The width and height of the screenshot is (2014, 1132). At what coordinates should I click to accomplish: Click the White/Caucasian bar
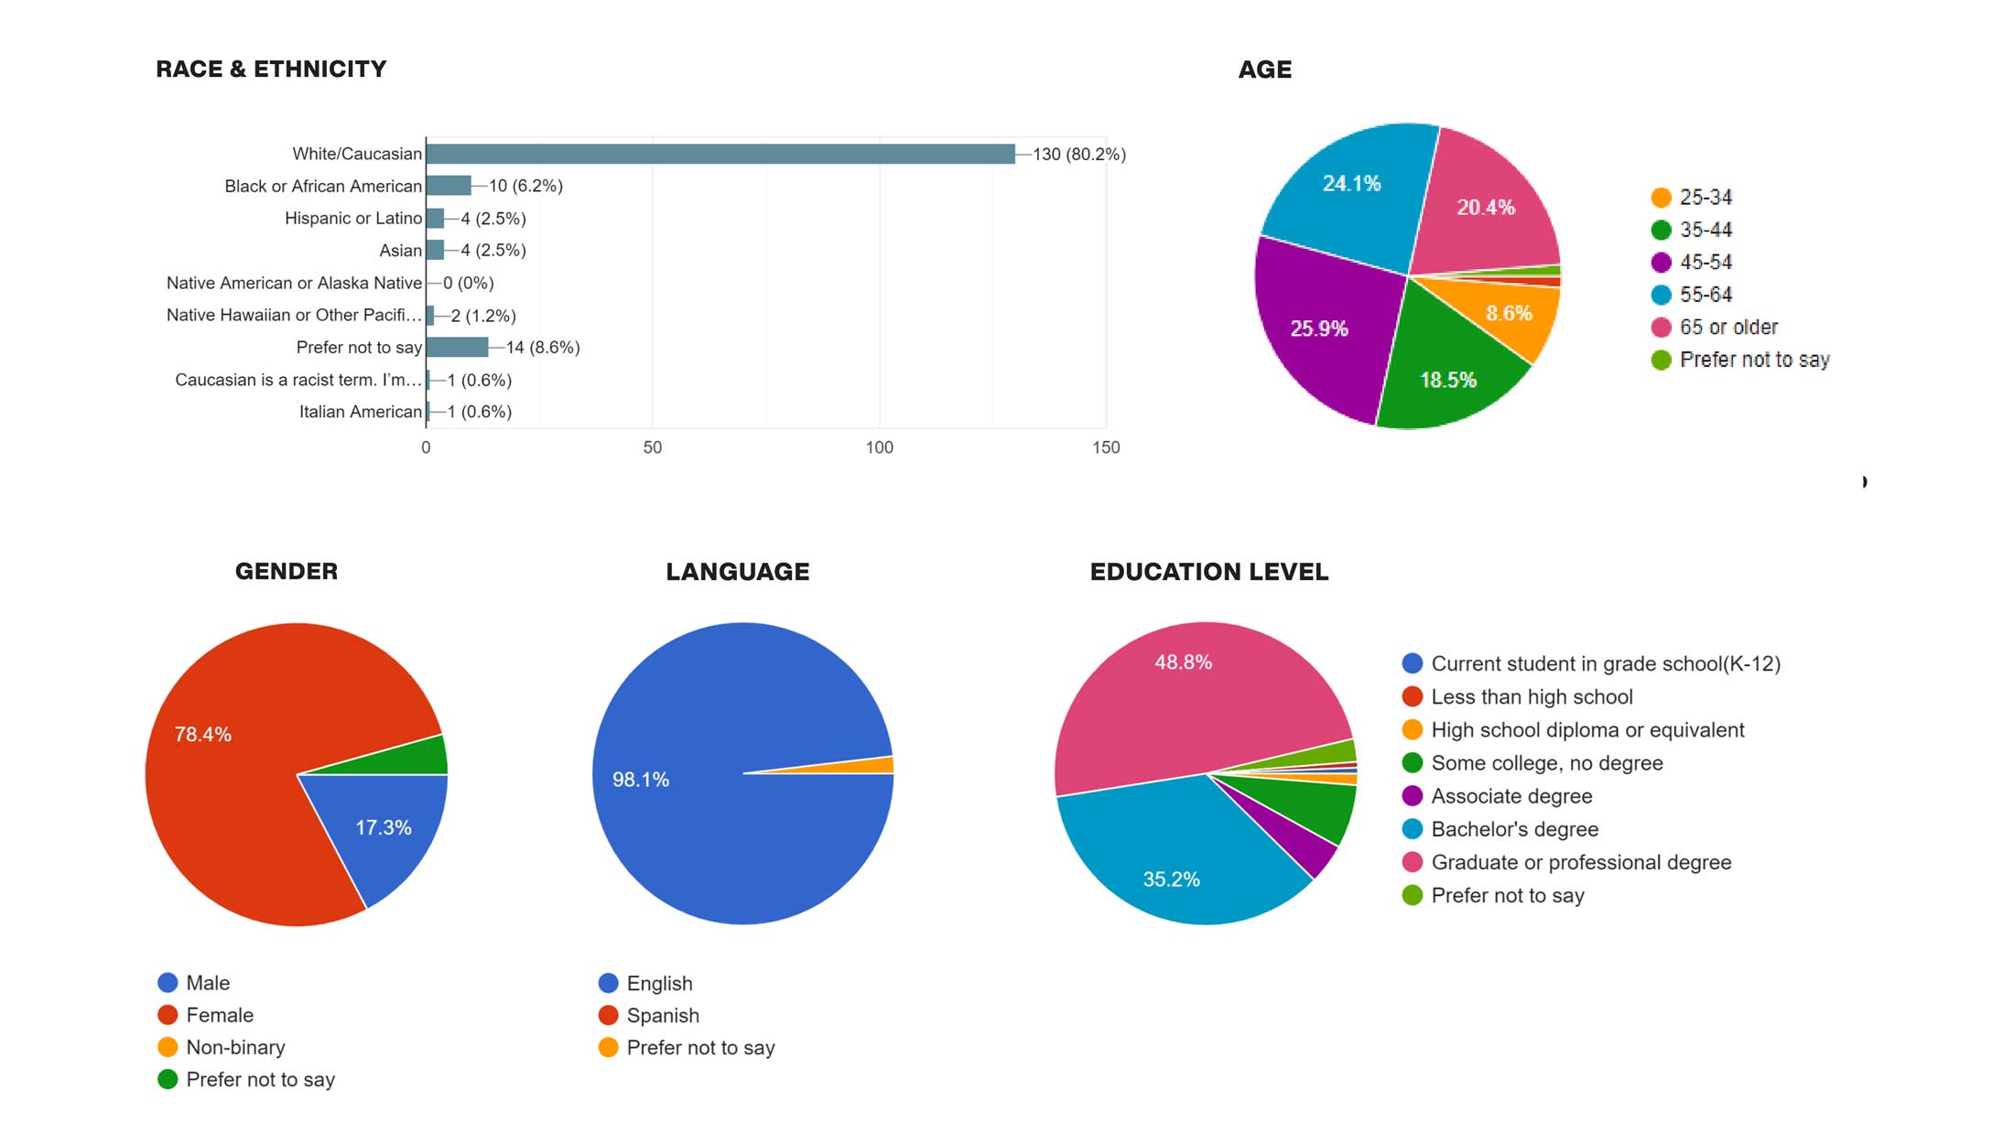(x=720, y=154)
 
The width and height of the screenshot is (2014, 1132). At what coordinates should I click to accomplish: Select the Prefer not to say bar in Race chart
(x=457, y=347)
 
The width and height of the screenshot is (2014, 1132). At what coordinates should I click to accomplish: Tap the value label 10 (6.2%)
(x=525, y=186)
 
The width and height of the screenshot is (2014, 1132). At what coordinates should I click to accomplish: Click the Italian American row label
(x=360, y=412)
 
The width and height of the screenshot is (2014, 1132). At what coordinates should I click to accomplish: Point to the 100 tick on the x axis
(x=879, y=447)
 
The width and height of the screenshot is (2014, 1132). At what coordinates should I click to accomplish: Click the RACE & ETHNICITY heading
(x=271, y=70)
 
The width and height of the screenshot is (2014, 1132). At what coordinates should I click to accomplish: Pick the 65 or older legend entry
(x=1727, y=327)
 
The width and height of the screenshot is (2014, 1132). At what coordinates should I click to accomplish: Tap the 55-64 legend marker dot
(x=1661, y=295)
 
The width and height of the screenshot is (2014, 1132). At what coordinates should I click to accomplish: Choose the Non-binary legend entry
(x=235, y=1047)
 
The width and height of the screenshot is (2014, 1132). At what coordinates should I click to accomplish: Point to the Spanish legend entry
(x=662, y=1016)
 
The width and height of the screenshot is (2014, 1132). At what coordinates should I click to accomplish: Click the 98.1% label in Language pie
(x=641, y=780)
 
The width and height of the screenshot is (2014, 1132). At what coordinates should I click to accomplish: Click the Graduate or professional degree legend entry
(x=1580, y=862)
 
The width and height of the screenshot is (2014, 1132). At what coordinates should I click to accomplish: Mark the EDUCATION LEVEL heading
(x=1208, y=572)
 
